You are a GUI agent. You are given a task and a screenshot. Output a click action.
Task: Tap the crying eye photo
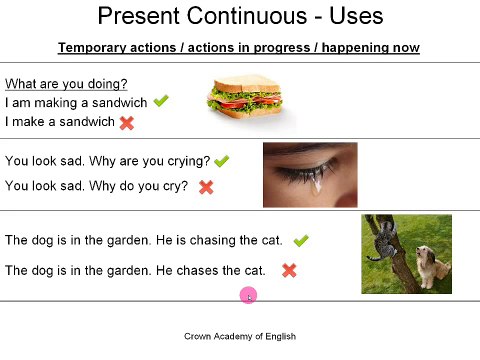310,174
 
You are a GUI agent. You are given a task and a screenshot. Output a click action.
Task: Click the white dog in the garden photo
433,263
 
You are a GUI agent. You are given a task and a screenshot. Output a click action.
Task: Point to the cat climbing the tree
382,239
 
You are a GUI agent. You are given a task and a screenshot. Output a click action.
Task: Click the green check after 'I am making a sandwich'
161,101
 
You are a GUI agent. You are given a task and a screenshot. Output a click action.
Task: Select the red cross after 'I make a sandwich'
127,122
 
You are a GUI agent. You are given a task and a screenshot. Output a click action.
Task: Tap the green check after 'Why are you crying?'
222,161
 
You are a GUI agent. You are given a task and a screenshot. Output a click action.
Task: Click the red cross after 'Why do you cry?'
206,186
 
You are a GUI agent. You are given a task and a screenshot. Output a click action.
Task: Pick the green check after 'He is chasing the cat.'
300,240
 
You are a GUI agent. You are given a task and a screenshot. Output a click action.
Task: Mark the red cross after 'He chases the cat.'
289,270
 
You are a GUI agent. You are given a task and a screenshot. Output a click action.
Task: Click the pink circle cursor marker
248,295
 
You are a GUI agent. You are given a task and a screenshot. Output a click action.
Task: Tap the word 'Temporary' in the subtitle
91,48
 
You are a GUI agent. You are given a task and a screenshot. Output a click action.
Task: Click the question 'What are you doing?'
66,84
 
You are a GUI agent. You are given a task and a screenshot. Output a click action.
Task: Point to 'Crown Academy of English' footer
240,337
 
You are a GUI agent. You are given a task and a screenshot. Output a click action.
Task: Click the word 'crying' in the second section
188,161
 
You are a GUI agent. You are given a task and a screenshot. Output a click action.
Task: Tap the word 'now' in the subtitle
407,48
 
